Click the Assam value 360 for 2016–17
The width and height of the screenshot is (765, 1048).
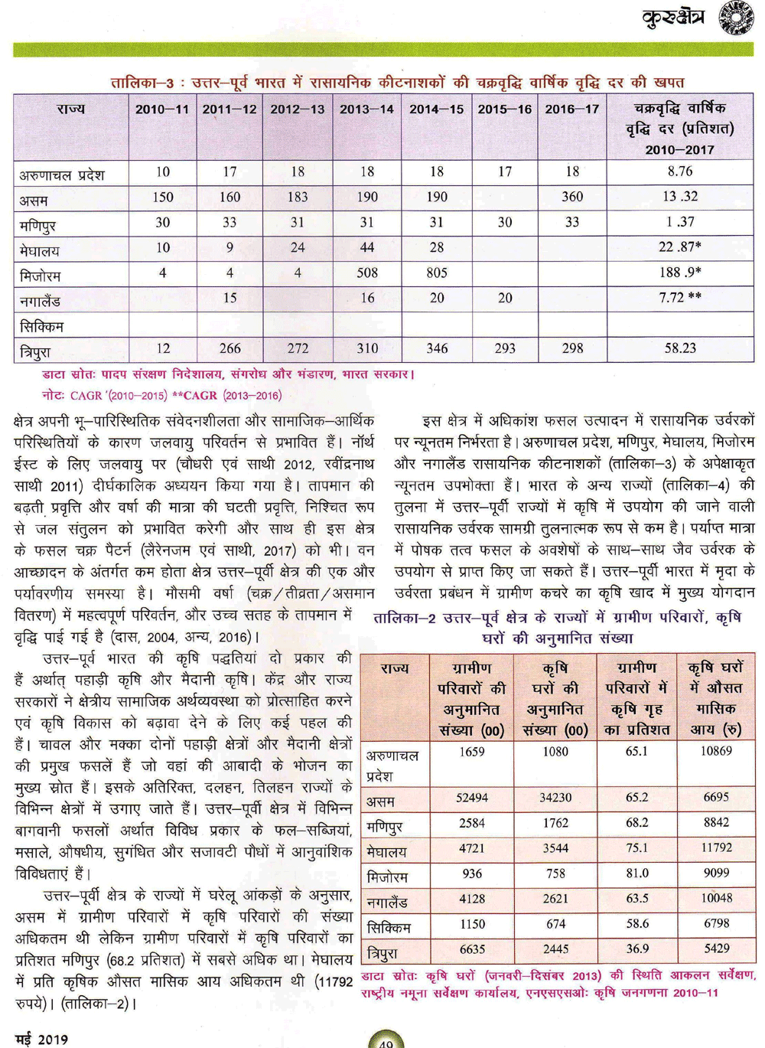(x=571, y=197)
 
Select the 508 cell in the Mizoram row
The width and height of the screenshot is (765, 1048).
(x=367, y=273)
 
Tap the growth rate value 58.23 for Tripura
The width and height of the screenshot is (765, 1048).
(x=679, y=348)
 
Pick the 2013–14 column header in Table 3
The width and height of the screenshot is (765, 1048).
(x=366, y=109)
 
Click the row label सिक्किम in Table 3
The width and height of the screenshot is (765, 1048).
(x=41, y=327)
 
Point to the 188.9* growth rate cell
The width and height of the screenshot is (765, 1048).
(x=679, y=273)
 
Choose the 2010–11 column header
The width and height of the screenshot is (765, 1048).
(x=161, y=109)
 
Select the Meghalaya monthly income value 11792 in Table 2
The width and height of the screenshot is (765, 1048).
(x=715, y=848)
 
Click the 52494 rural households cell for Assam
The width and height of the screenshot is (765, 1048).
(x=471, y=798)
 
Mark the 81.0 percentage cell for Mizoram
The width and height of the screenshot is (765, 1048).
(x=636, y=873)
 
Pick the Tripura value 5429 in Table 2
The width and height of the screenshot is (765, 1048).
(x=716, y=949)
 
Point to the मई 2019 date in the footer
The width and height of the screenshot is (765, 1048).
(x=41, y=1039)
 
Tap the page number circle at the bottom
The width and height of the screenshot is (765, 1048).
(x=386, y=1041)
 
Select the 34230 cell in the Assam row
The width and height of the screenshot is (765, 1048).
(x=555, y=798)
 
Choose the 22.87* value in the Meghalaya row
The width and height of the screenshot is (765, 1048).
(x=679, y=247)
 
